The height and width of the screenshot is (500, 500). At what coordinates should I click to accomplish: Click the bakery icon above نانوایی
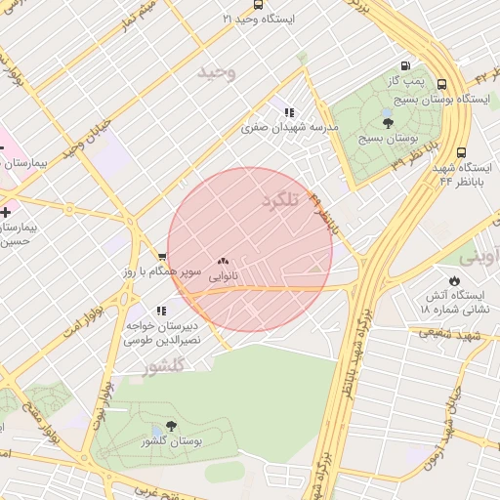pos(223,262)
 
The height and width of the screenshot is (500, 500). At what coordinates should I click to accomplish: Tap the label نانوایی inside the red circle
pos(223,277)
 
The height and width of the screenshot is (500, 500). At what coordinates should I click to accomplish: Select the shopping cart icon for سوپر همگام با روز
pos(162,257)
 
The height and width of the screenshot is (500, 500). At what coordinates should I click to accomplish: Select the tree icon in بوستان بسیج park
pos(388,122)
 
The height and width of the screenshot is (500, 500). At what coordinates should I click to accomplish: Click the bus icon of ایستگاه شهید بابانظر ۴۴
pos(462,152)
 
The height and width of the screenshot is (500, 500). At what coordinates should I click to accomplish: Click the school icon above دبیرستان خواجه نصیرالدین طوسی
pos(161,311)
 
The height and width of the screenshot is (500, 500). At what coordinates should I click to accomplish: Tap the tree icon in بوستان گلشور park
pos(172,427)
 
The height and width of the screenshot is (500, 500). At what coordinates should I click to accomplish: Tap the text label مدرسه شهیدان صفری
pos(290,128)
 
